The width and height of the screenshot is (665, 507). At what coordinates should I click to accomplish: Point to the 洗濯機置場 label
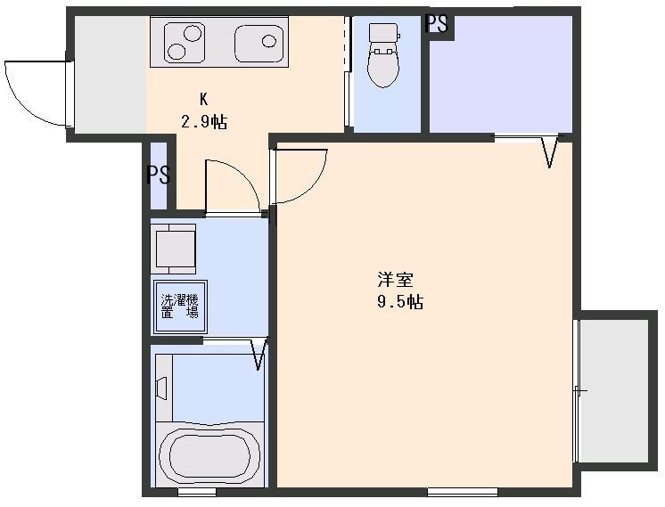point(178,307)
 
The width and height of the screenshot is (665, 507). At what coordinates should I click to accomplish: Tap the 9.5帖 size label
point(398,302)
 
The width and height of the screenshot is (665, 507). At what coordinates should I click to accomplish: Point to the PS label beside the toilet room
point(437,24)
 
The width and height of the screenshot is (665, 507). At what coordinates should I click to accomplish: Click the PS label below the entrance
point(158,175)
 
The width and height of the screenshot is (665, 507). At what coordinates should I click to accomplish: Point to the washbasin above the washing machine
point(176,249)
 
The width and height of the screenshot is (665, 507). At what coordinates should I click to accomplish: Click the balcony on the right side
point(614,389)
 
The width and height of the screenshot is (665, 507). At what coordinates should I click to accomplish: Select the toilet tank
point(384,34)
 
